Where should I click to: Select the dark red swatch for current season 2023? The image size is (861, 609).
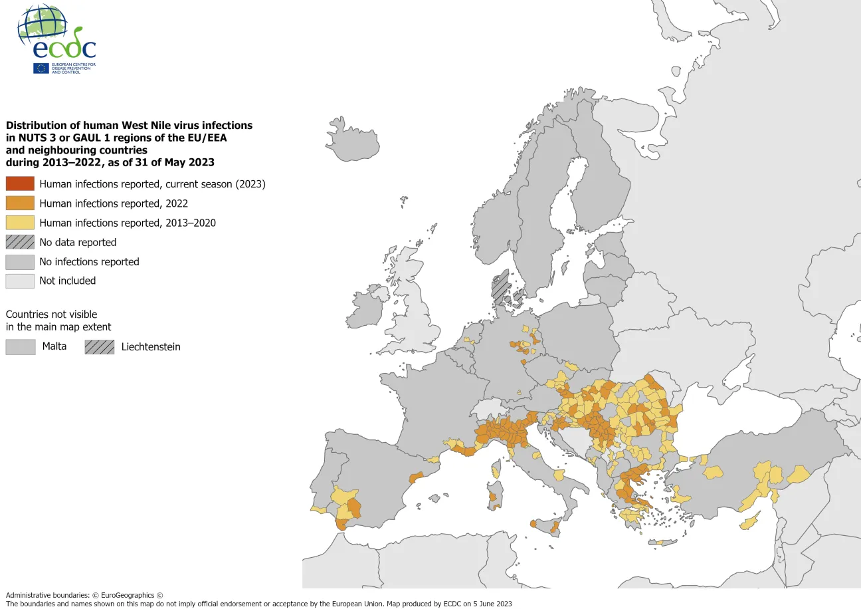(x=20, y=184)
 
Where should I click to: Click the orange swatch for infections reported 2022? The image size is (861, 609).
(x=20, y=203)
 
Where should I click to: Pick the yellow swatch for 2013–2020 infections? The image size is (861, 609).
(x=20, y=223)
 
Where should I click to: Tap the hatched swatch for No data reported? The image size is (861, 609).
(x=20, y=242)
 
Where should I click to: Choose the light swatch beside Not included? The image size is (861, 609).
(x=20, y=281)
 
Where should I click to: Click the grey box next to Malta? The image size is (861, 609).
(x=20, y=346)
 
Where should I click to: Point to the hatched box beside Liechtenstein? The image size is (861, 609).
(x=99, y=346)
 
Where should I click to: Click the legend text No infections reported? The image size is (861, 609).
(x=89, y=262)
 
